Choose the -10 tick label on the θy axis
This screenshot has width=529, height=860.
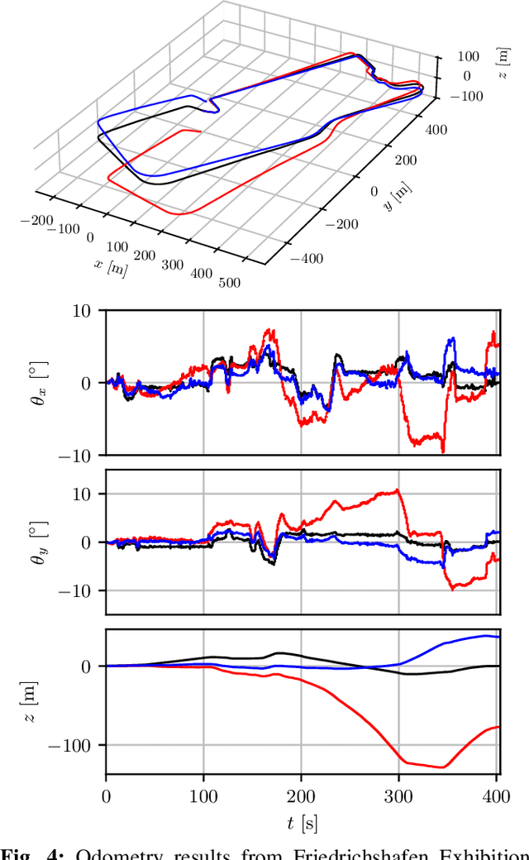click(x=80, y=590)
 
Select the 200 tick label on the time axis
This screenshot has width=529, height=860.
click(x=301, y=795)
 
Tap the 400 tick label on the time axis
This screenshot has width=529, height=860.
click(x=496, y=795)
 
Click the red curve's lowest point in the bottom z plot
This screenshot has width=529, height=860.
click(x=443, y=767)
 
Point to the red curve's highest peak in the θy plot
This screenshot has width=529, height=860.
click(x=398, y=490)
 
